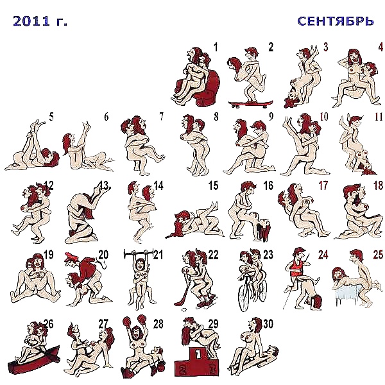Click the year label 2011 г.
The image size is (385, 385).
pyautogui.click(x=40, y=21)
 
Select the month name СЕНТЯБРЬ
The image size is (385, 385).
pyautogui.click(x=336, y=21)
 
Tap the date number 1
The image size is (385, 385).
pyautogui.click(x=216, y=47)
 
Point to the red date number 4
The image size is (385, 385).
pyautogui.click(x=381, y=47)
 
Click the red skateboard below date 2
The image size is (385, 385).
pyautogui.click(x=250, y=104)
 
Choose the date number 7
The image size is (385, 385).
pyautogui.click(x=161, y=117)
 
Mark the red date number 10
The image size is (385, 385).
pyautogui.click(x=324, y=117)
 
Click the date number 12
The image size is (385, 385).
pyautogui.click(x=48, y=185)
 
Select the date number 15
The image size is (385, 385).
pyautogui.click(x=213, y=185)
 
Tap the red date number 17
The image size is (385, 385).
pyautogui.click(x=323, y=185)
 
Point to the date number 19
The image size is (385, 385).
pyautogui.click(x=48, y=255)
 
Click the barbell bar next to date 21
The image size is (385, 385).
pyautogui.click(x=139, y=253)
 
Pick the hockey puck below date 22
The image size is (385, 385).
pyautogui.click(x=184, y=310)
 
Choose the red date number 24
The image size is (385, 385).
pyautogui.click(x=323, y=255)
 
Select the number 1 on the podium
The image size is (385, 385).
pyautogui.click(x=198, y=354)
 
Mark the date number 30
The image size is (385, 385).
pyautogui.click(x=269, y=324)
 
